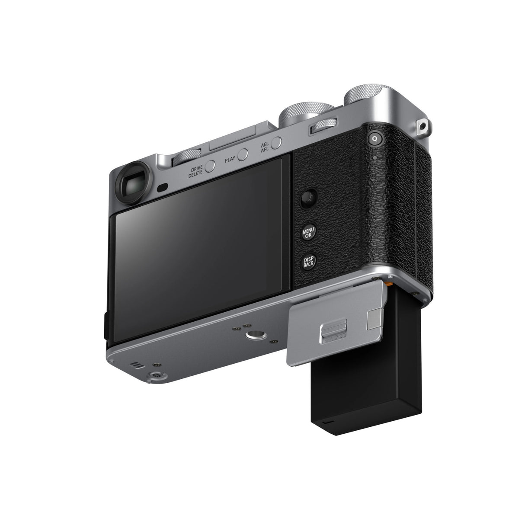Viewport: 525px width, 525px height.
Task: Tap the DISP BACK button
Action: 309,262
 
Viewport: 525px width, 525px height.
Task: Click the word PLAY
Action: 230,160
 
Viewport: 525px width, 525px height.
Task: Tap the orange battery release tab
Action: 391,284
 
